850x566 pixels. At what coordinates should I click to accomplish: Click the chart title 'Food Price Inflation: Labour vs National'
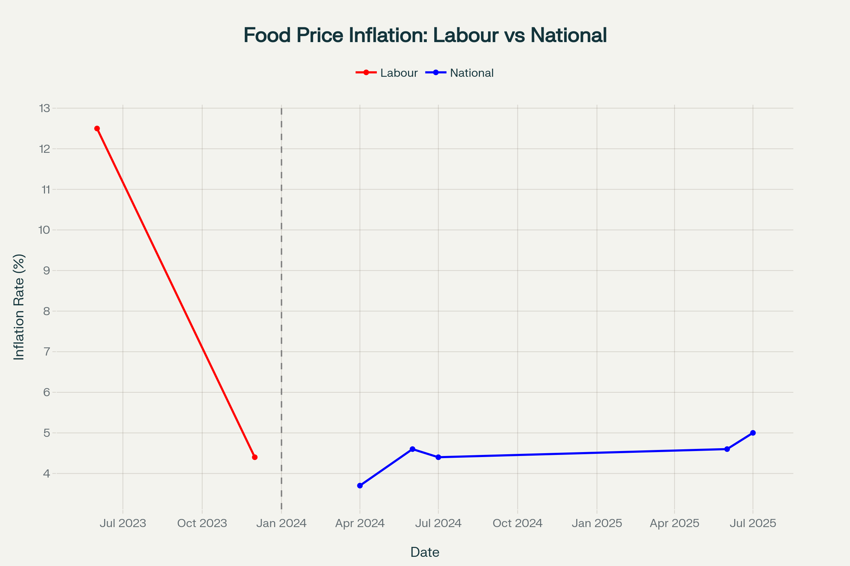[425, 35]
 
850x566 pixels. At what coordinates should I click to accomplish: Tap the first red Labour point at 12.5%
[97, 128]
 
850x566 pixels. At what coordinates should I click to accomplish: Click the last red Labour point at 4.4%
[255, 457]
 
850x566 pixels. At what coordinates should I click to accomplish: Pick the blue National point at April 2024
[360, 486]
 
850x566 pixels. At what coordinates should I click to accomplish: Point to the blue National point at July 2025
[753, 433]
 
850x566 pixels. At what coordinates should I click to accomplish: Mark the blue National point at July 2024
[438, 457]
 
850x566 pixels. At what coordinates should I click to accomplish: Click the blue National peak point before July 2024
[412, 449]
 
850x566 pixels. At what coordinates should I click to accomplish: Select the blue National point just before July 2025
[727, 449]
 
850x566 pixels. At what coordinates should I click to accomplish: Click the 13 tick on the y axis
[45, 108]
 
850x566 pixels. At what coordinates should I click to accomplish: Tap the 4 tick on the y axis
[47, 474]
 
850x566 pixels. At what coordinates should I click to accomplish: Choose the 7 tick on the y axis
[47, 352]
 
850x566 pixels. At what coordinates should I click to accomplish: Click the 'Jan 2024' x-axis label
[281, 524]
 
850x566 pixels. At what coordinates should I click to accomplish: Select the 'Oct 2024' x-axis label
[517, 524]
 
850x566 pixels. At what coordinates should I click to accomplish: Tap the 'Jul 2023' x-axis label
[123, 524]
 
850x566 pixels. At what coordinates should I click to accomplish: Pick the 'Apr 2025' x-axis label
[674, 524]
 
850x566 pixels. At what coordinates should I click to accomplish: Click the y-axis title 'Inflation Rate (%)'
[19, 307]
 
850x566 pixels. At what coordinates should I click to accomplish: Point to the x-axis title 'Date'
[425, 552]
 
